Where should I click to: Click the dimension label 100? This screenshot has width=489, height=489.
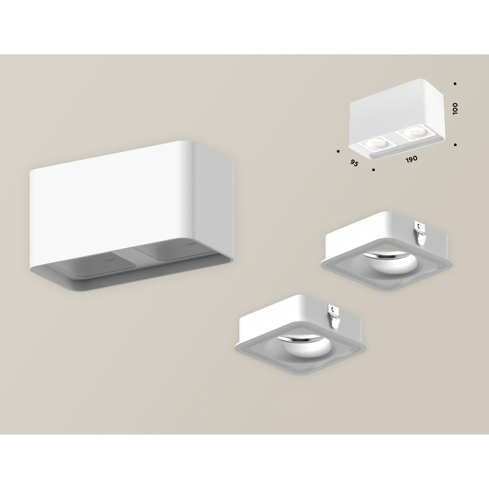click(455, 108)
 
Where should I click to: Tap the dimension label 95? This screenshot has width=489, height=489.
click(353, 163)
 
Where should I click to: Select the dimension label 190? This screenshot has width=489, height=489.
click(411, 159)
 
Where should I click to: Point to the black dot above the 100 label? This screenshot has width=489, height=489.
click(455, 84)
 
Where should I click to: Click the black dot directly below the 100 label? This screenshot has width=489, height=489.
click(455, 145)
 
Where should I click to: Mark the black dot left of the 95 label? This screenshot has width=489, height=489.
click(338, 152)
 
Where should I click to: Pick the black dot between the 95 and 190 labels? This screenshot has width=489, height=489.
click(374, 170)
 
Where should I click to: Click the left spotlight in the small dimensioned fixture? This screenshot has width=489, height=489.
click(373, 145)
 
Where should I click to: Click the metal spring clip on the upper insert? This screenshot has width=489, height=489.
click(421, 233)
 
